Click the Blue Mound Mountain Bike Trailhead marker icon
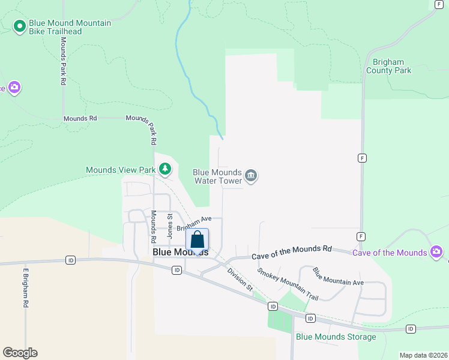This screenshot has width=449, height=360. pyautogui.click(x=19, y=26)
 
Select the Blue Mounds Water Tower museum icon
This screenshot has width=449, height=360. pyautogui.click(x=252, y=176)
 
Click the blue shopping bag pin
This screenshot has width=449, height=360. pyautogui.click(x=197, y=241)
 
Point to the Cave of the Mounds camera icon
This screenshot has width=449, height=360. pyautogui.click(x=436, y=252)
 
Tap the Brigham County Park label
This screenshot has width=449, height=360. pyautogui.click(x=389, y=66)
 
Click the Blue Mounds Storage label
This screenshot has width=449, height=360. pyautogui.click(x=336, y=337)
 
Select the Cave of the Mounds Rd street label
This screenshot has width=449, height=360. pyautogui.click(x=291, y=252)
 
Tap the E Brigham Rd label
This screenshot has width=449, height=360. pyautogui.click(x=26, y=287)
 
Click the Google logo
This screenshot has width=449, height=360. pyautogui.click(x=20, y=353)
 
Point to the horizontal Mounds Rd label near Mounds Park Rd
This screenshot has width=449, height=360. pyautogui.click(x=80, y=119)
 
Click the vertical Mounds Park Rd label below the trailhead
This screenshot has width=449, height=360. pyautogui.click(x=62, y=61)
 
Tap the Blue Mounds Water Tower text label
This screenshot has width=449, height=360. pyautogui.click(x=217, y=176)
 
